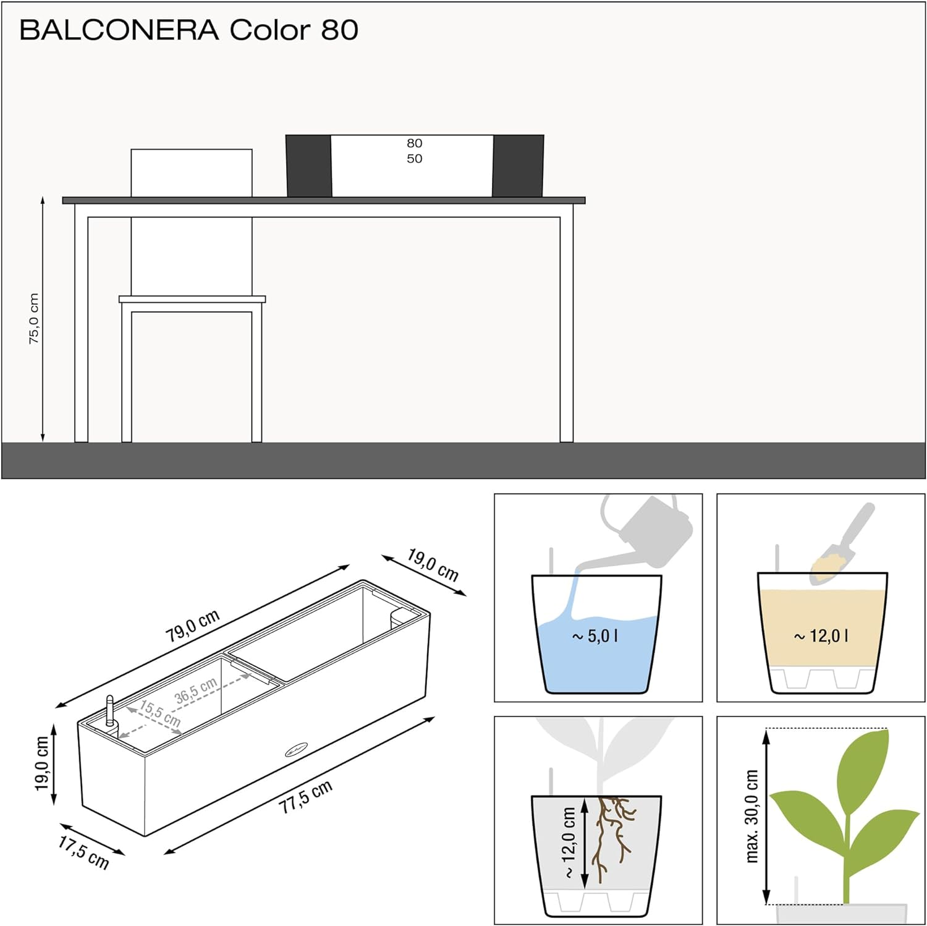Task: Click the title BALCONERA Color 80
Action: click(188, 30)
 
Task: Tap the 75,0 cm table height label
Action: click(34, 318)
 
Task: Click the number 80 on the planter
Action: click(414, 143)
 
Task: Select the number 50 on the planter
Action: click(414, 159)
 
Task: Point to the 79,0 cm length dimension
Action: click(192, 625)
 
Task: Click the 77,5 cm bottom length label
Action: click(305, 796)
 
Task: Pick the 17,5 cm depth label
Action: click(83, 852)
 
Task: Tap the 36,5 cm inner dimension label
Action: click(196, 690)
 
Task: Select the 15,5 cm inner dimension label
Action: click(160, 713)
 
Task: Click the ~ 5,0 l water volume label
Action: click(595, 635)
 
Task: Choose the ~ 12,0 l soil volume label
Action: click(821, 635)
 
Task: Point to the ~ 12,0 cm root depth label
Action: click(569, 842)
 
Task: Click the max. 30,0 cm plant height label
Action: click(751, 816)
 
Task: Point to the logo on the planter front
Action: click(296, 750)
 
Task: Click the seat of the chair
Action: click(192, 299)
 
